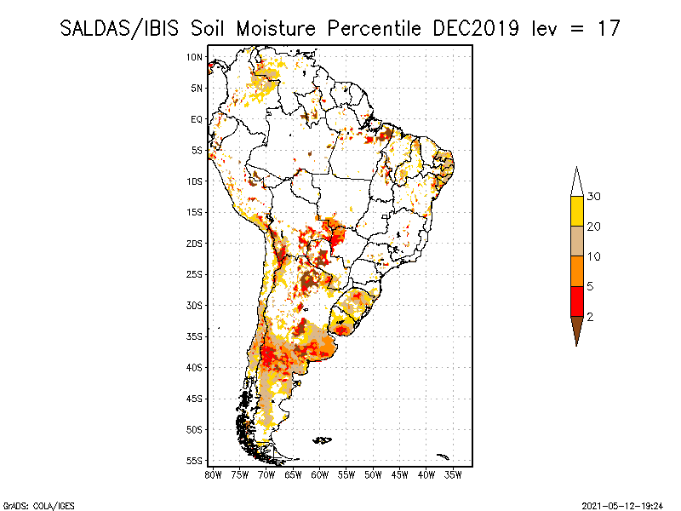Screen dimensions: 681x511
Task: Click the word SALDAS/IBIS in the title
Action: coord(119,29)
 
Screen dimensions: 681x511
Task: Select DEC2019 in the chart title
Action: coord(476,29)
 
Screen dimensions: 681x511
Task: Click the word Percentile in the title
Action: coord(374,29)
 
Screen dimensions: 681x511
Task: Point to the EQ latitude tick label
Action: coord(197,119)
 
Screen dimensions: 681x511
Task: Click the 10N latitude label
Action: coord(195,57)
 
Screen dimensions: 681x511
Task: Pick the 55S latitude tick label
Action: coord(195,461)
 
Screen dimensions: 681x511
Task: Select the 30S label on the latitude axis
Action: coord(195,306)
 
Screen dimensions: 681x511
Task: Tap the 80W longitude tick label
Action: coord(213,475)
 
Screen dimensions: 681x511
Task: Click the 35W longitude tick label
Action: coord(453,475)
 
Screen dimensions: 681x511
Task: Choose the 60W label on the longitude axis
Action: coord(320,475)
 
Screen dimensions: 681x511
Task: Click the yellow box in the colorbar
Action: coord(577,211)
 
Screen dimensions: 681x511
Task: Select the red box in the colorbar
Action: coord(577,301)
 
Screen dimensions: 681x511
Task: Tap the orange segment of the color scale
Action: coord(577,271)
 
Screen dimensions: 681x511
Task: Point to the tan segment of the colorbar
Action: coord(577,241)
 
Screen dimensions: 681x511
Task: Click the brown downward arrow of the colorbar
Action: coord(577,329)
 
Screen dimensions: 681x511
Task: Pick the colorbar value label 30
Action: coord(593,197)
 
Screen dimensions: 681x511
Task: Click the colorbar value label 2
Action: coord(590,317)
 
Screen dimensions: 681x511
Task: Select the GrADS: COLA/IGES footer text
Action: coord(38,506)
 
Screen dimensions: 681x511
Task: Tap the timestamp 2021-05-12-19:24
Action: coord(622,506)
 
